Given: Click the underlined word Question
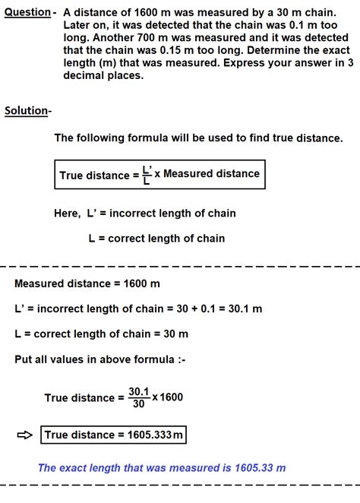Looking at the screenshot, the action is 27,13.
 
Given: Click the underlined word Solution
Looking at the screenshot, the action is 27,111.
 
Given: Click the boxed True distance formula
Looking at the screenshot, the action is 159,174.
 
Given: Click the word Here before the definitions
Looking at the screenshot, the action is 65,214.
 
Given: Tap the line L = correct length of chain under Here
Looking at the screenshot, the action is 156,239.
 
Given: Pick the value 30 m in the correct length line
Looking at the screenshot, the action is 175,334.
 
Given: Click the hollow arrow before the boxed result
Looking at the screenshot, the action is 24,435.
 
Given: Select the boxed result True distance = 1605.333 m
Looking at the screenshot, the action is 114,435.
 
